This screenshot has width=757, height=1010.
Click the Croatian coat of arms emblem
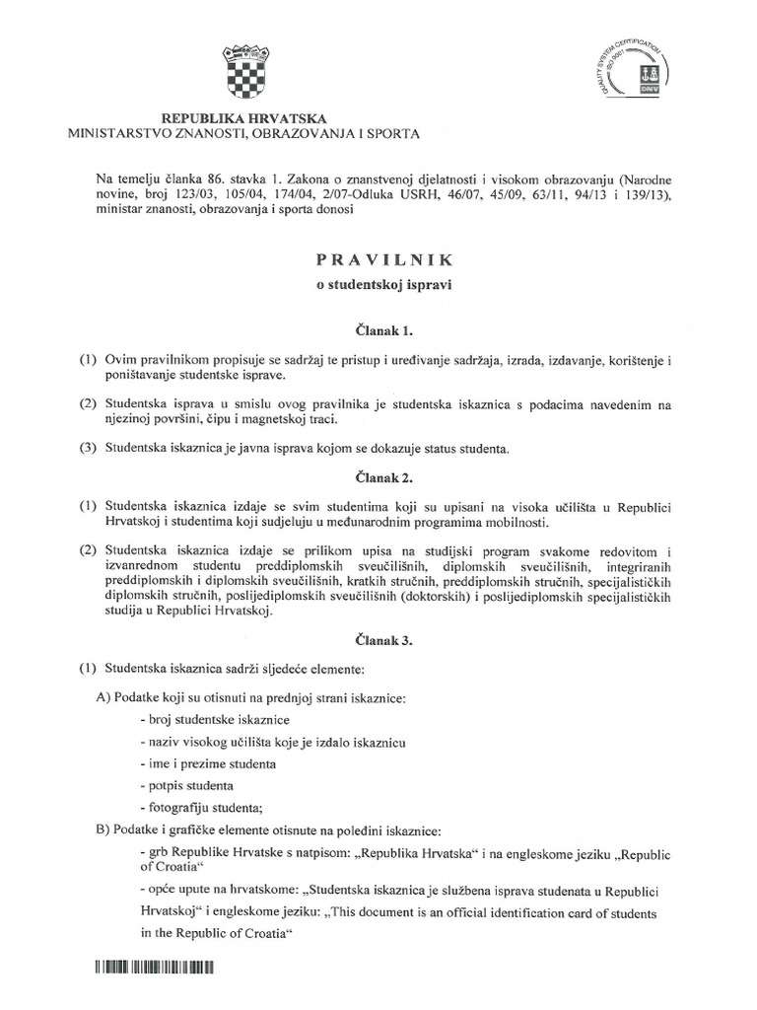click(242, 64)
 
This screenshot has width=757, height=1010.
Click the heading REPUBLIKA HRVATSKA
click(242, 116)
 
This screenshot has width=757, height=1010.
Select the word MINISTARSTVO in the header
click(120, 132)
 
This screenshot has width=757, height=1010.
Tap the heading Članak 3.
click(378, 640)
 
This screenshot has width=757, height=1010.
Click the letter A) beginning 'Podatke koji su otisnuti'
click(103, 699)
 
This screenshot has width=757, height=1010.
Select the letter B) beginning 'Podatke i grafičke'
click(103, 830)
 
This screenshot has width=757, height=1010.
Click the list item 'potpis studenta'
click(188, 786)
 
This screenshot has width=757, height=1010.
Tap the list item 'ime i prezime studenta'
click(209, 763)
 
